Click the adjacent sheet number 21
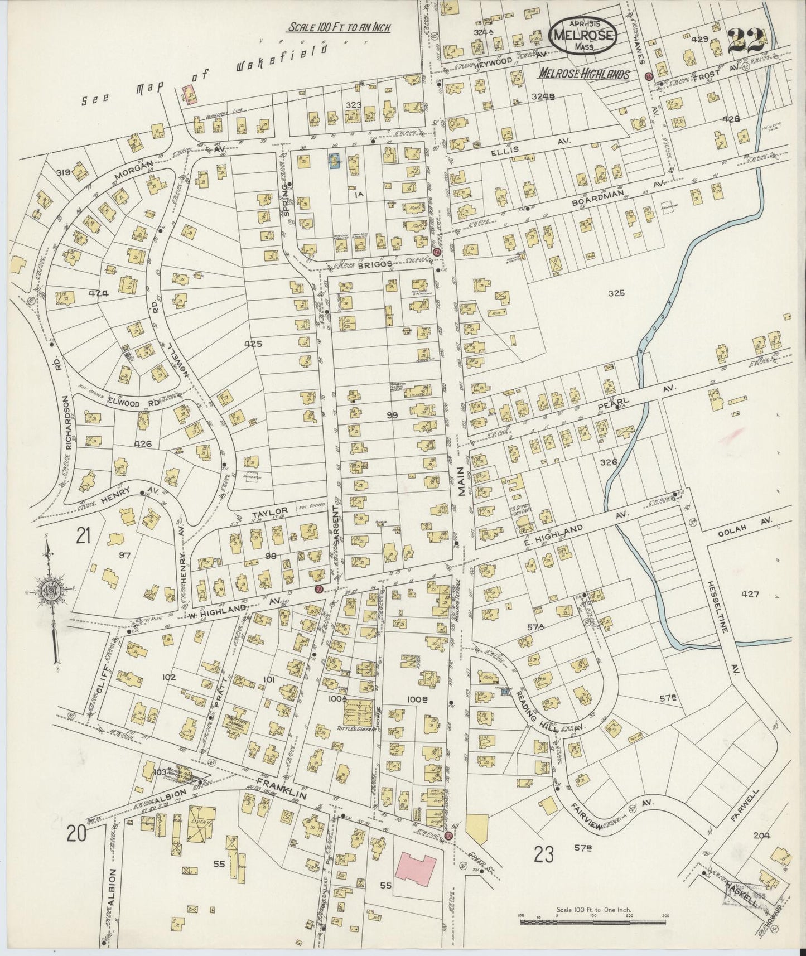[84, 536]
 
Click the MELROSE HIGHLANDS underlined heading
[584, 74]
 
